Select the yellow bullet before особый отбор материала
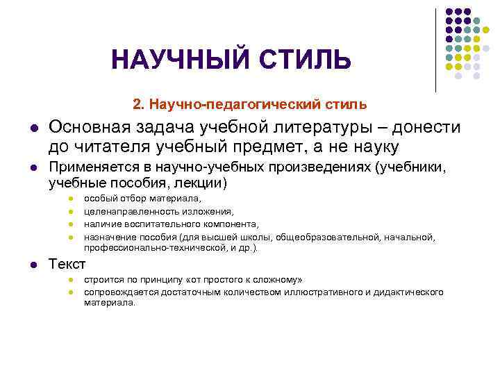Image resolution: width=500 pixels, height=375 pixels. click(70, 200)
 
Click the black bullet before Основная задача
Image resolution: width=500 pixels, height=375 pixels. click(33, 129)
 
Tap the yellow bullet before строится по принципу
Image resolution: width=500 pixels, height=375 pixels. click(70, 281)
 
